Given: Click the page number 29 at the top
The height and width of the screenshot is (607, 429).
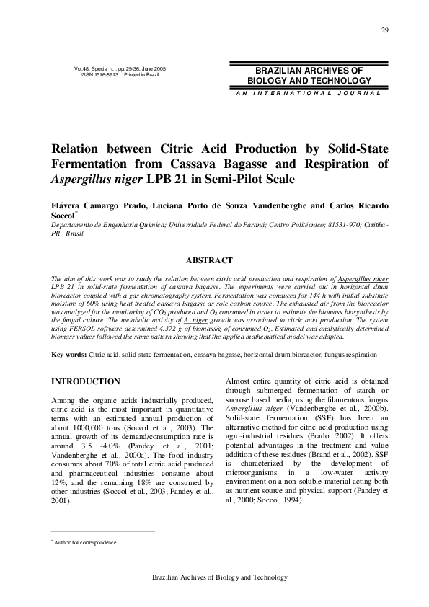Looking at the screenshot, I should (x=385, y=30).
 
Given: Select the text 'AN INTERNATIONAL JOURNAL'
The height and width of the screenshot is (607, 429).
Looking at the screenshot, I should (x=307, y=93).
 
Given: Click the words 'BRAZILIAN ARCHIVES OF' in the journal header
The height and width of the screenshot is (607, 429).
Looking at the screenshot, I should (x=309, y=71).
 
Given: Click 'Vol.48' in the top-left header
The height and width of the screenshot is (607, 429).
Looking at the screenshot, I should (x=83, y=69).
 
